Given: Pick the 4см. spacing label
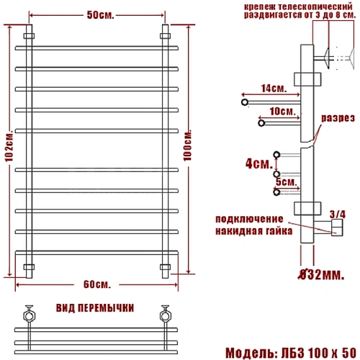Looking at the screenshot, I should [256, 164].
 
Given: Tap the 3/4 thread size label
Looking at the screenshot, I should [337, 213].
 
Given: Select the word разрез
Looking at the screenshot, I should [337, 117].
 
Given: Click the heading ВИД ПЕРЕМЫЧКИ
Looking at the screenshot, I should [94, 307].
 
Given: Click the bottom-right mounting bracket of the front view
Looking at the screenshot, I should [165, 267].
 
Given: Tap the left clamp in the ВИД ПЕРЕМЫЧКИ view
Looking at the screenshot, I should [29, 314].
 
